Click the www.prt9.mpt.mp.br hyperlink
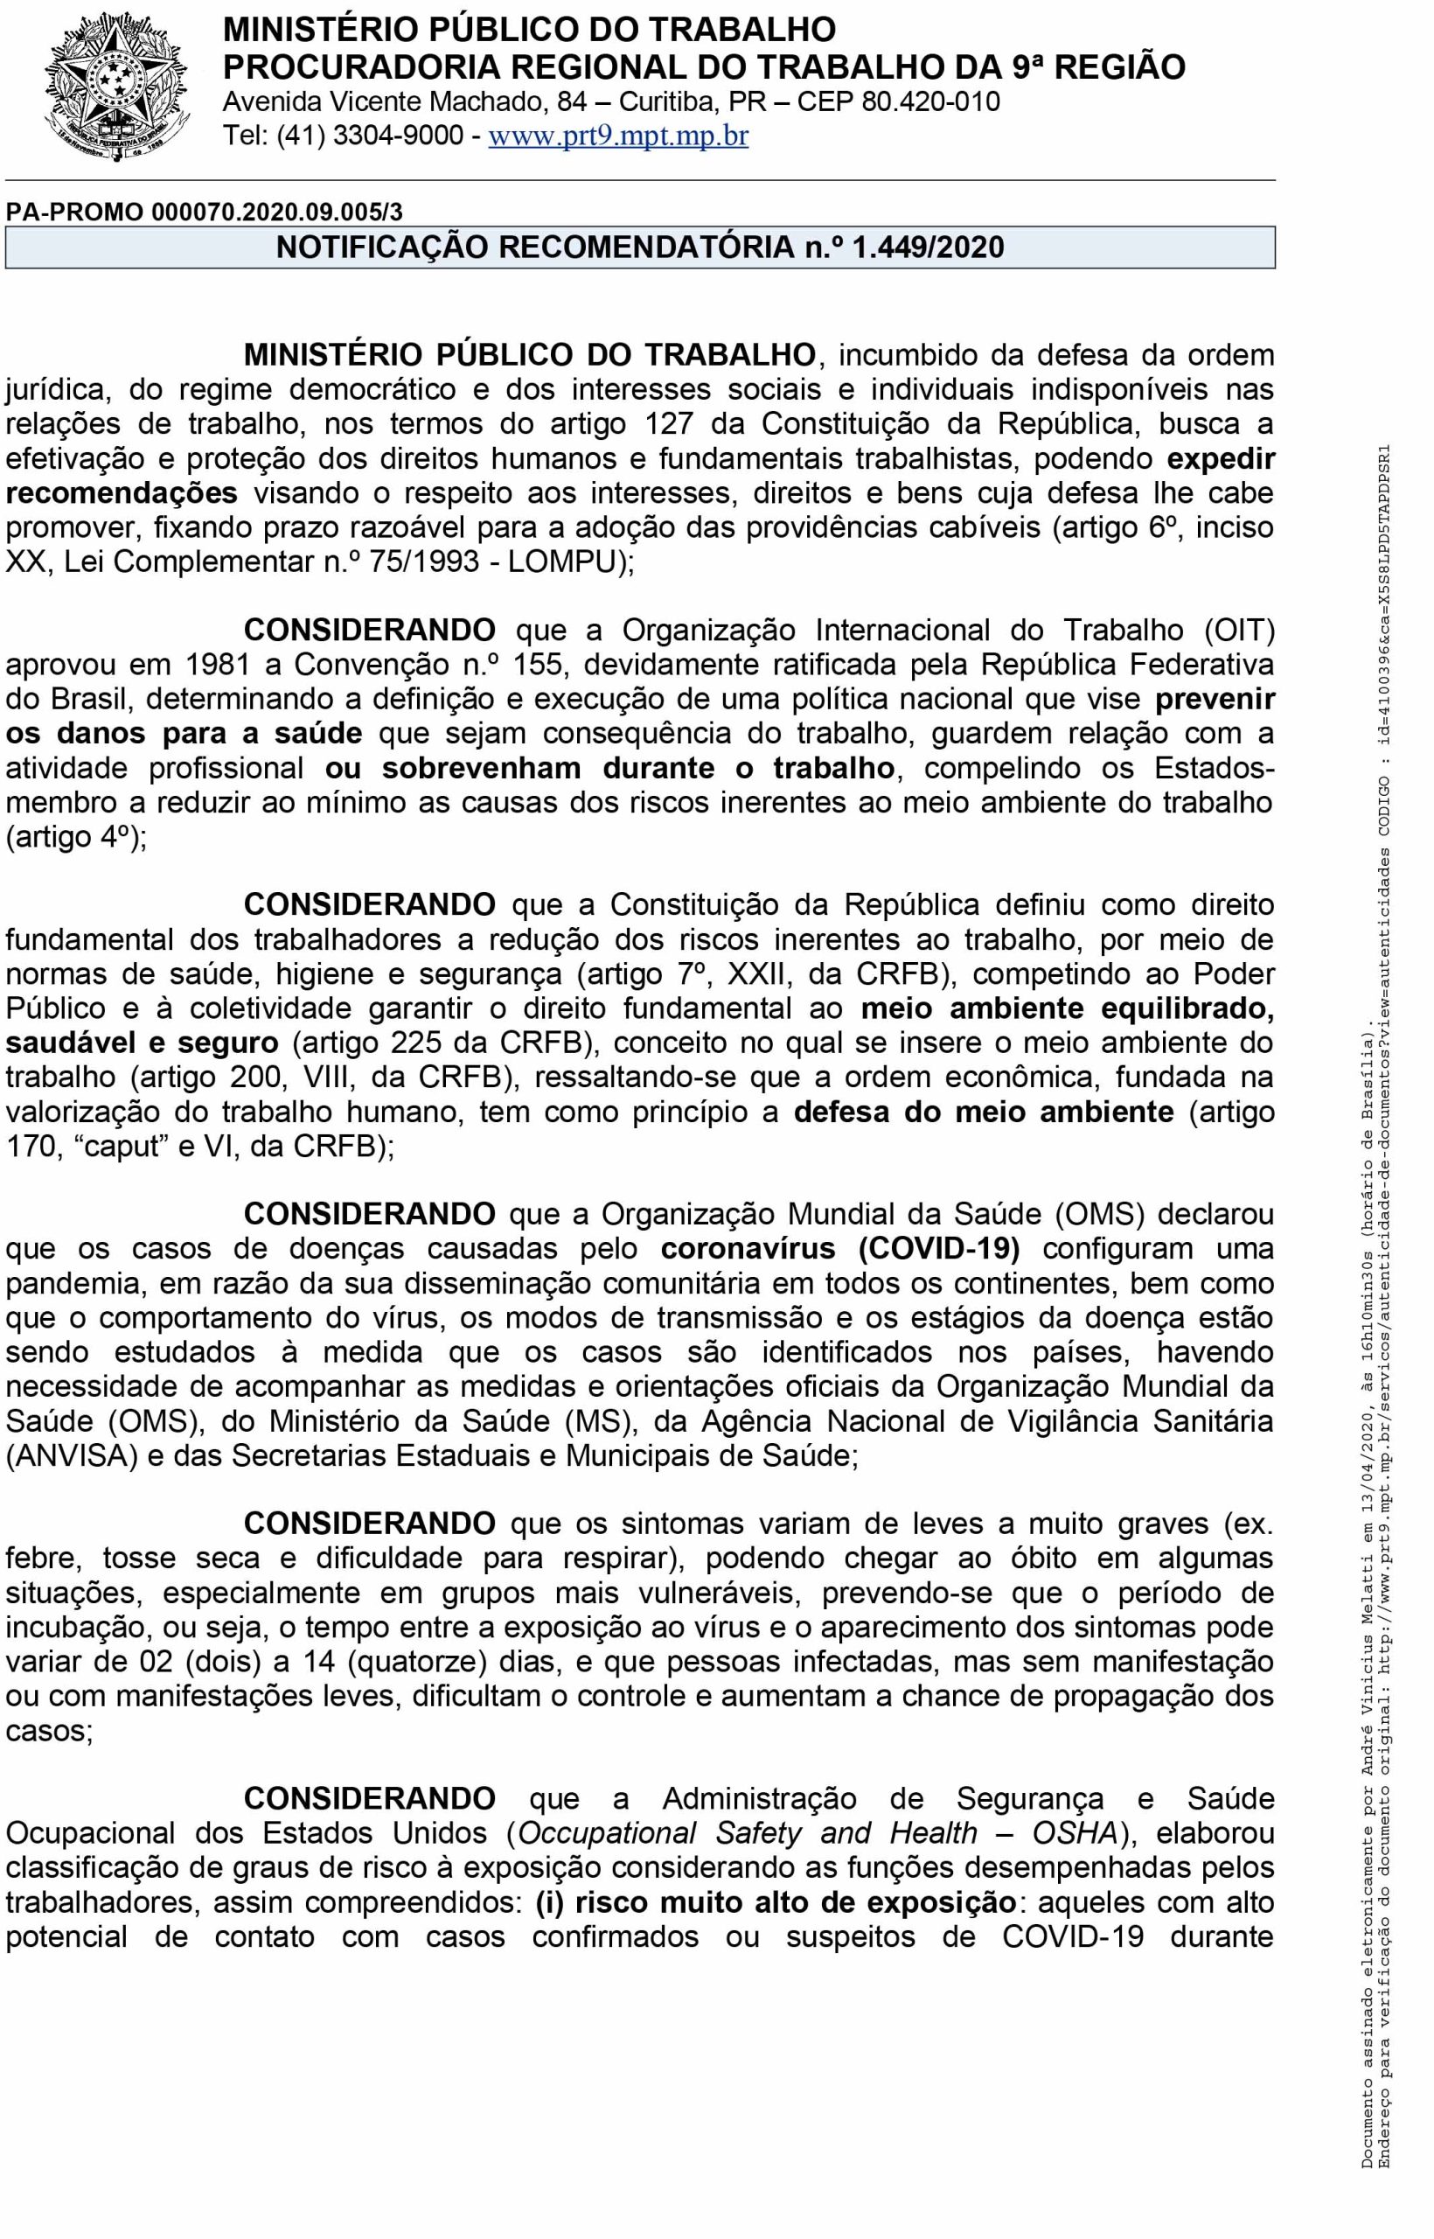(x=618, y=136)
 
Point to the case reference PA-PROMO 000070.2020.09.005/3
(x=205, y=212)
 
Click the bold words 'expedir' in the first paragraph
(x=1221, y=458)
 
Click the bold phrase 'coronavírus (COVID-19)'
(x=841, y=1248)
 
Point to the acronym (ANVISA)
(x=66, y=1455)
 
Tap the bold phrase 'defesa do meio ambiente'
(x=984, y=1111)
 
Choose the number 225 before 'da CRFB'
(x=433, y=1043)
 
